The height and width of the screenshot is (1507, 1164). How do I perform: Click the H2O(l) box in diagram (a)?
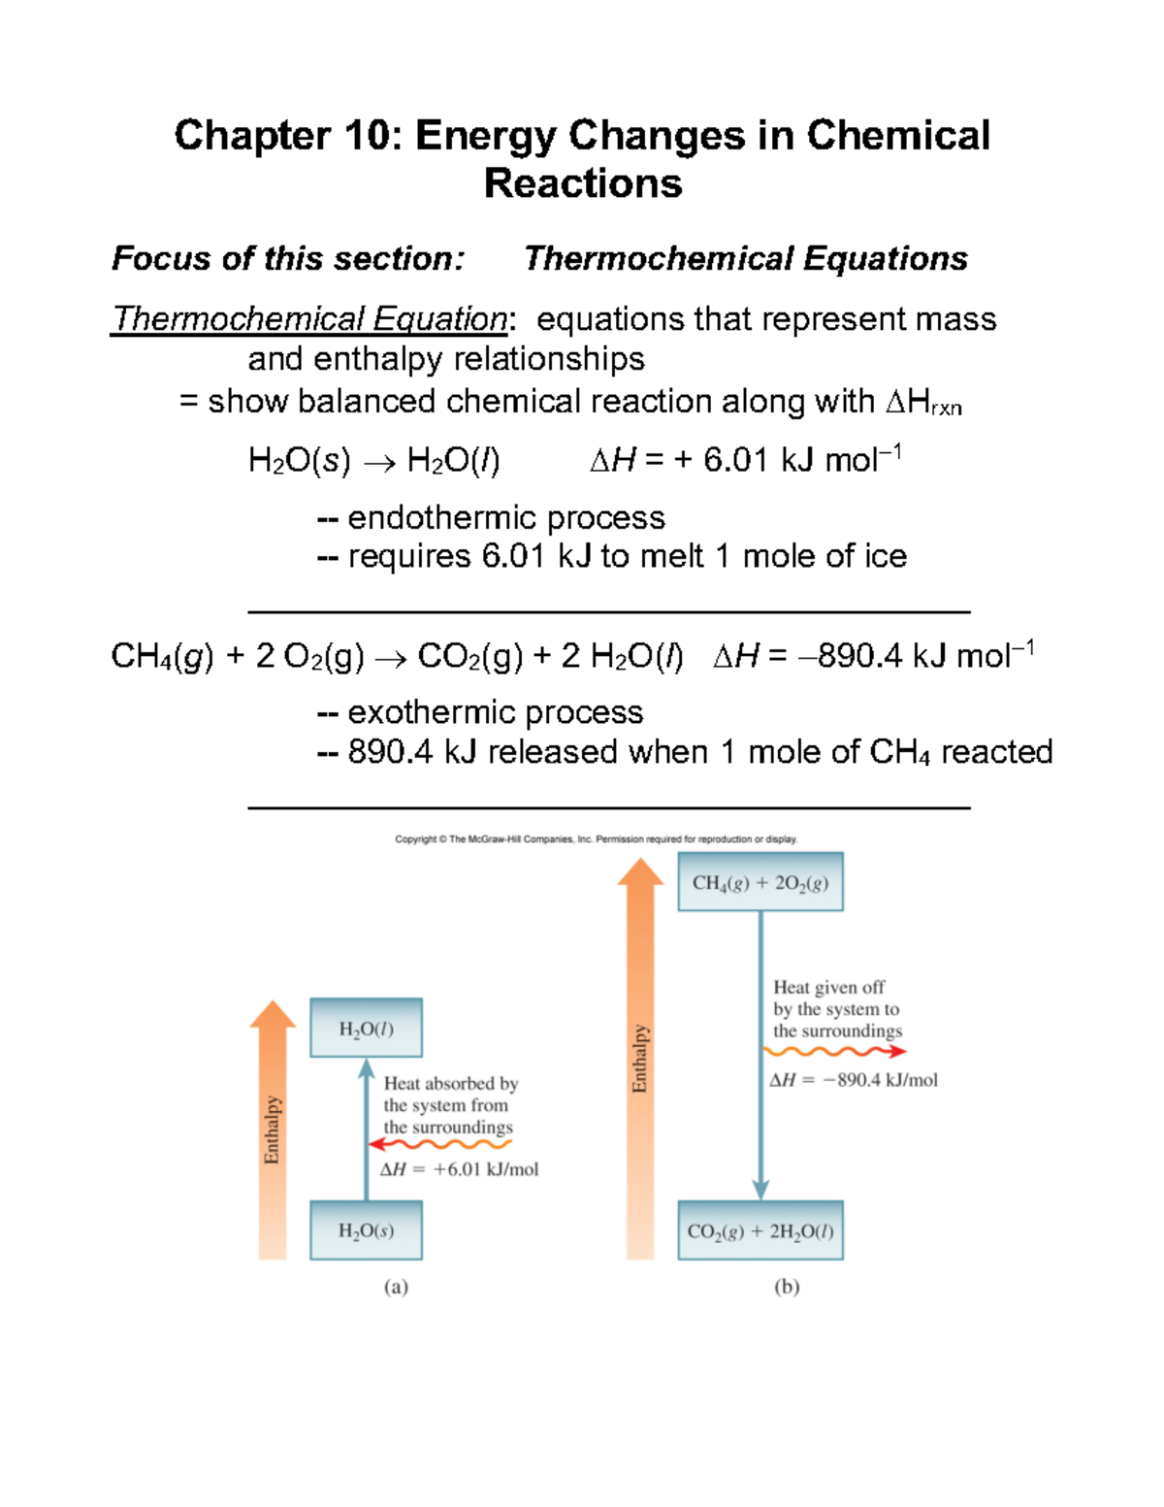click(x=366, y=1028)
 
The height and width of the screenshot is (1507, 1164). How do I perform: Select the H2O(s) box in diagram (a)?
click(x=366, y=1230)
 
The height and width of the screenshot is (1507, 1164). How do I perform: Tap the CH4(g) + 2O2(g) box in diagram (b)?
click(x=760, y=882)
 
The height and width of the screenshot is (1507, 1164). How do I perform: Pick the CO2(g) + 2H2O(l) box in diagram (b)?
click(x=760, y=1230)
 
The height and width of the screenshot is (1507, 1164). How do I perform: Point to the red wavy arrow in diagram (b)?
click(x=835, y=1051)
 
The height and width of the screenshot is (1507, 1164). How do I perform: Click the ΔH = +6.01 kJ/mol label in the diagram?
click(x=459, y=1169)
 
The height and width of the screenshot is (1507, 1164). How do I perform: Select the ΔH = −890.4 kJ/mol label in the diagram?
click(x=854, y=1080)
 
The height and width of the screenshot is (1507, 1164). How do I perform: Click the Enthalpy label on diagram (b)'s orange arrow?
click(x=640, y=1059)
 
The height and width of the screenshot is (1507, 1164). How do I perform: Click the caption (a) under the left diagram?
click(x=396, y=1287)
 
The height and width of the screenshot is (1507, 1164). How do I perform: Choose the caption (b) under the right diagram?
click(x=787, y=1287)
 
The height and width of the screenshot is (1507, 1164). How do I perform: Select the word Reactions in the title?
click(x=583, y=183)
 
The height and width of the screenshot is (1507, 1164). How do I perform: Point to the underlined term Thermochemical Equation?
click(x=309, y=319)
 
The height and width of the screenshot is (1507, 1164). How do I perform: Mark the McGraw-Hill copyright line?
click(x=596, y=839)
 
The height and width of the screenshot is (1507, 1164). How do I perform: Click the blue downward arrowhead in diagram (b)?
click(x=760, y=1190)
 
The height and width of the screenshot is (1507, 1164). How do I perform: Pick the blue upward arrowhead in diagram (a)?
click(x=366, y=1068)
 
